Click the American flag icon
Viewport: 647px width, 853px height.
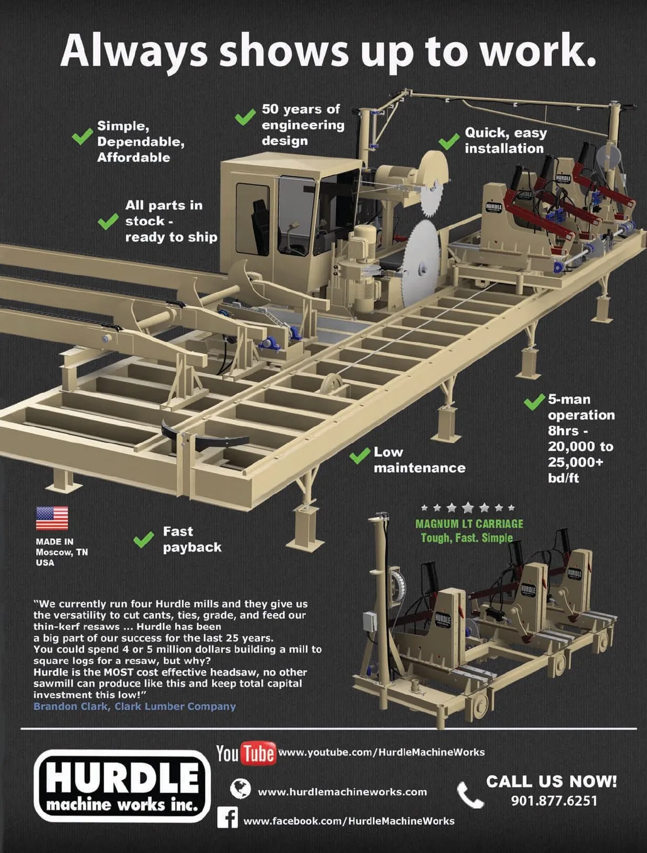point(52,518)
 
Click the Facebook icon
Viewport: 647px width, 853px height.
point(228,818)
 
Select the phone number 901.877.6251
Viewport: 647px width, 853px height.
point(554,801)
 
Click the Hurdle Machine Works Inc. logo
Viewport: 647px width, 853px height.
point(122,785)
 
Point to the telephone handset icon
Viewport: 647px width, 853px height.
point(470,795)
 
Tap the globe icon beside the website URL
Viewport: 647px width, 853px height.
point(240,789)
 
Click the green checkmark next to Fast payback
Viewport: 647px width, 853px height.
point(143,539)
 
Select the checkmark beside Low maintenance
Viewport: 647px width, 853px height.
point(359,456)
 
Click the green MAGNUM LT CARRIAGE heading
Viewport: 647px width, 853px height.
point(469,524)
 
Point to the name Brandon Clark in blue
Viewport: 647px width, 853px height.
point(70,706)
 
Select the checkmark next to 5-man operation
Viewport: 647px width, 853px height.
point(534,402)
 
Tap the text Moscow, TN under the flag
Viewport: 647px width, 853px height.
point(61,552)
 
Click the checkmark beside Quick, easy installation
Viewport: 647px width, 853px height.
point(449,141)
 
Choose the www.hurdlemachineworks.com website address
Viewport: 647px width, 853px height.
point(342,792)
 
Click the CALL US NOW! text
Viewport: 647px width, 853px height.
point(552,781)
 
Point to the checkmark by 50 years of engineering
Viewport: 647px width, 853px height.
point(245,116)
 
